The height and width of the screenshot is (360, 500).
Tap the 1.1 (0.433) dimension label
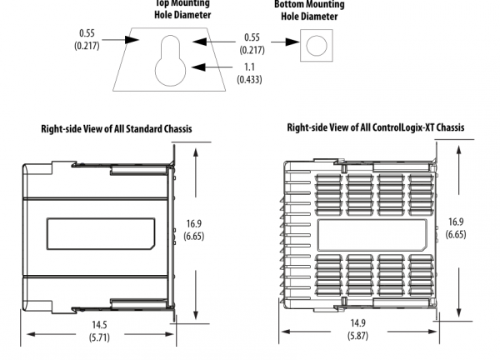(250, 72)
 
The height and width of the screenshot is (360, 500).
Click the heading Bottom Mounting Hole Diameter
(309, 9)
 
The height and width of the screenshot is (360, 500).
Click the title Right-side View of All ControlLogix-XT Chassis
(375, 127)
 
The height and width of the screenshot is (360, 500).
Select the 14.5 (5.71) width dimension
(99, 332)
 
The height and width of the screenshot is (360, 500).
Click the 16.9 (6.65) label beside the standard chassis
(194, 229)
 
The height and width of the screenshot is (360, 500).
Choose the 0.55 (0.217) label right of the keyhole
(250, 43)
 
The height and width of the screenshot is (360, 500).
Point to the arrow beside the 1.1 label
(200, 67)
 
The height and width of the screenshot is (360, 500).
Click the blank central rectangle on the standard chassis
(102, 234)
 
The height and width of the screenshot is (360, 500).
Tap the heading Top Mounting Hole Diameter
(182, 9)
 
